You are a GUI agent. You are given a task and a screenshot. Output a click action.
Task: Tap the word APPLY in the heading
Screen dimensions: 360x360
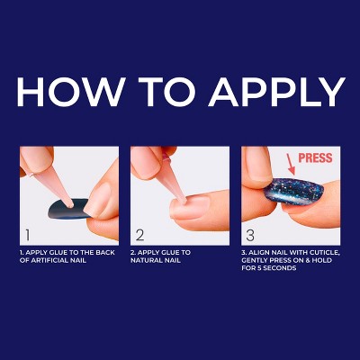tap(277, 92)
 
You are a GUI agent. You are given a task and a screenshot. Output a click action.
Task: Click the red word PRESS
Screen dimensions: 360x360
tap(315, 158)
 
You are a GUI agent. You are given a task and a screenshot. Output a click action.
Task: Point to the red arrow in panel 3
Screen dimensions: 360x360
tap(291, 165)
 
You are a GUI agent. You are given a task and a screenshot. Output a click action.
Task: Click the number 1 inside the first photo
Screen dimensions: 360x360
tap(28, 235)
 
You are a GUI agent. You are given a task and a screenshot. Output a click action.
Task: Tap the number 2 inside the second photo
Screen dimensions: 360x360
tap(139, 235)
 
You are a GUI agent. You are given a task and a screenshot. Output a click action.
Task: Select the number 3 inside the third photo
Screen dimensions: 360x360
tap(250, 235)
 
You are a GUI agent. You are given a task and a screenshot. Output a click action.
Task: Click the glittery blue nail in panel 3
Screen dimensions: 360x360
tap(293, 192)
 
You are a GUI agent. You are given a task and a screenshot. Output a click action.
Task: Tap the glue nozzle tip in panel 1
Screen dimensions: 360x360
tap(71, 206)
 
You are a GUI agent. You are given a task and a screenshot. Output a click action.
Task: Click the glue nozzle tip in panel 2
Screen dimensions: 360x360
tap(182, 200)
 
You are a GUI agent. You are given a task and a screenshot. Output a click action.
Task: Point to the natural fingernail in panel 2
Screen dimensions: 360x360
tap(190, 207)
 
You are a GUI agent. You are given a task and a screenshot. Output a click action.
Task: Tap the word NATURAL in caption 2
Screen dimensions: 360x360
tap(145, 260)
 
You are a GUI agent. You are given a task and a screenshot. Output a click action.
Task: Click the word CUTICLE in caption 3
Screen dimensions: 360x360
tap(326, 253)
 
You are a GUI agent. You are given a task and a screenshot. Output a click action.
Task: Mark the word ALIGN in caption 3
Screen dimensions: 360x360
tap(258, 253)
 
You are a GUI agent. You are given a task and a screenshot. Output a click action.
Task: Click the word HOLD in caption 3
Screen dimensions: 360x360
tap(321, 260)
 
